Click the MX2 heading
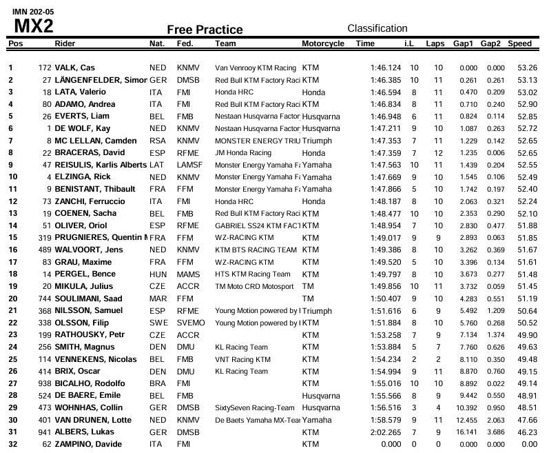[34, 26]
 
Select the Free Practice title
[205, 30]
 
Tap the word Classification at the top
[377, 28]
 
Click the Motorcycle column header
[323, 43]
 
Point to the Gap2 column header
[490, 43]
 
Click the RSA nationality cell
[157, 141]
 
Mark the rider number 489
[44, 249]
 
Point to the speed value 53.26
[527, 68]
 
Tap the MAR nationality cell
[157, 298]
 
